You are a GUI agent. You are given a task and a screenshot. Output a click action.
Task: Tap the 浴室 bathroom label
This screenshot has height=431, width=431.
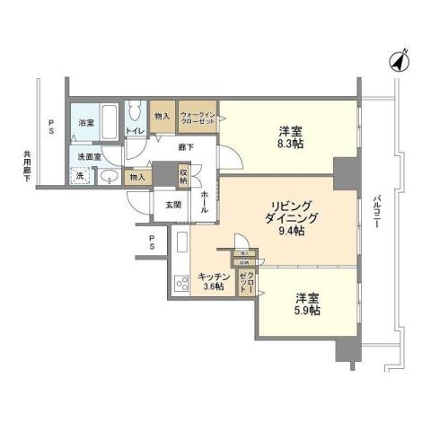(86, 122)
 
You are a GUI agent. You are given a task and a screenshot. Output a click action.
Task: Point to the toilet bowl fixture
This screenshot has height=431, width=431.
(136, 110)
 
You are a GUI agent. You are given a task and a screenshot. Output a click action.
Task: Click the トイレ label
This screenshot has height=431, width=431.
(136, 132)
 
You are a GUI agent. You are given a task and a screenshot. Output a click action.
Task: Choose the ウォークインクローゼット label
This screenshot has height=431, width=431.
(198, 119)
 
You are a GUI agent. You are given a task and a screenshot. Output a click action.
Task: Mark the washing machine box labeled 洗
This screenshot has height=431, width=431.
(79, 175)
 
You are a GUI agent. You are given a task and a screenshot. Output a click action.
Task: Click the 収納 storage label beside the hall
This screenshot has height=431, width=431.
(183, 175)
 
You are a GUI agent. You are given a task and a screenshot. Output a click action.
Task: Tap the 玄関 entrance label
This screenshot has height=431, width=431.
(173, 206)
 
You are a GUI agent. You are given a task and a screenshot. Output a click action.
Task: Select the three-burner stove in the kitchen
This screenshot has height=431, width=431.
(180, 283)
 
